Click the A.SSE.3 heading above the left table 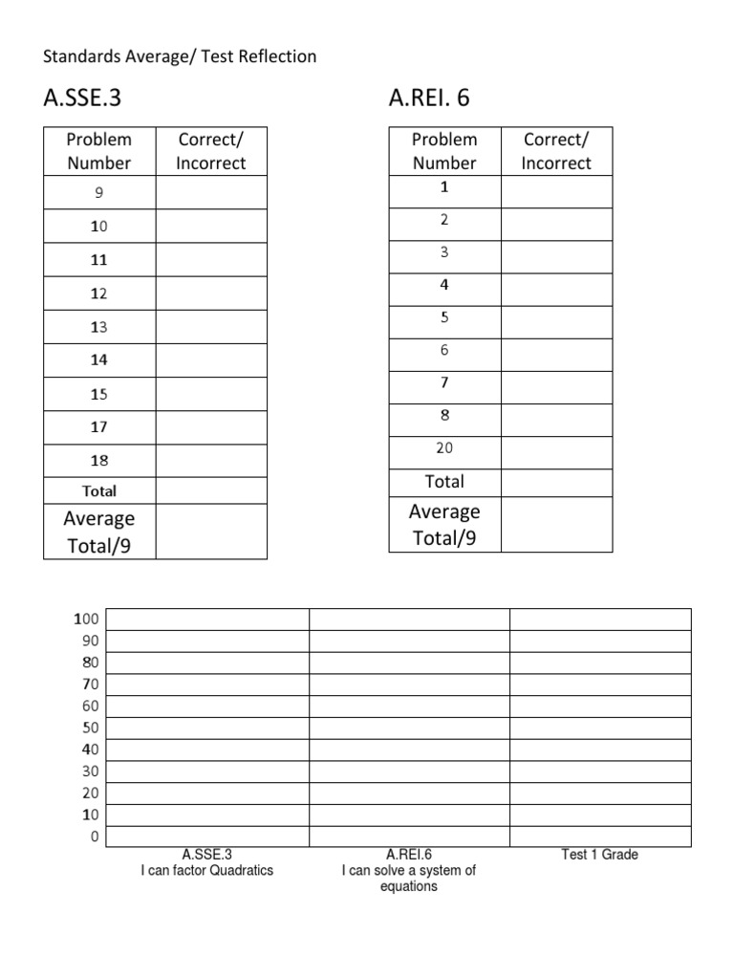tap(83, 98)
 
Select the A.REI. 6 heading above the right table tap(429, 98)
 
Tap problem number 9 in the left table tap(99, 193)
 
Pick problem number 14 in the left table tap(99, 360)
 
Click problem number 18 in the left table tap(99, 461)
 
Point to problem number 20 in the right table tap(444, 448)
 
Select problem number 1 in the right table tap(444, 187)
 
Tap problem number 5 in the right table tap(444, 317)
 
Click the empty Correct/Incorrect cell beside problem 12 tap(211, 294)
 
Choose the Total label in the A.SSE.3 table tap(99, 491)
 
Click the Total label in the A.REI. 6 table tap(444, 482)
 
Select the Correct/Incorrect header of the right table tap(556, 151)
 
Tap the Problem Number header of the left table tap(99, 151)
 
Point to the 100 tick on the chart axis tap(87, 620)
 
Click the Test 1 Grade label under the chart tap(599, 855)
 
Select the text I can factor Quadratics tap(206, 871)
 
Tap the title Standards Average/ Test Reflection tap(180, 57)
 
